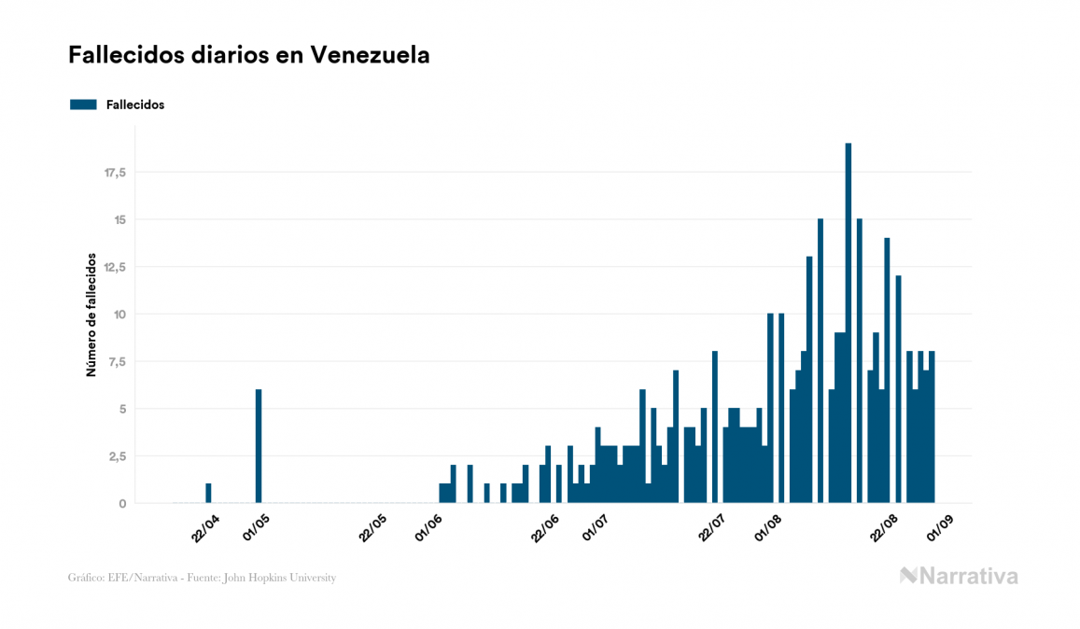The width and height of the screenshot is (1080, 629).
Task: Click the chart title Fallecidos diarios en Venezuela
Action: point(249,55)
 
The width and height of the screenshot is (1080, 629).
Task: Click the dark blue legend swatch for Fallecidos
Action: point(83,105)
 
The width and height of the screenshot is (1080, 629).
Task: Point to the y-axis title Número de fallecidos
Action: point(91,314)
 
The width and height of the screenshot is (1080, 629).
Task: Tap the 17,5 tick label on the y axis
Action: point(115,173)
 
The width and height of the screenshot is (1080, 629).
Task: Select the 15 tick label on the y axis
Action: point(119,220)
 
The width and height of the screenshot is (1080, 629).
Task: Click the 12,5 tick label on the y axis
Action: point(115,267)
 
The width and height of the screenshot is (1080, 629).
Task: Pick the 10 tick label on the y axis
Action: point(119,314)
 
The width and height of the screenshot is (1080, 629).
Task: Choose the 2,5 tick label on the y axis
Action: point(117,455)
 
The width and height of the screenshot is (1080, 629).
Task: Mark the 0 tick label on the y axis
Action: point(122,503)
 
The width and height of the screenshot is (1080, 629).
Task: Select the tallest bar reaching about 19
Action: point(849,323)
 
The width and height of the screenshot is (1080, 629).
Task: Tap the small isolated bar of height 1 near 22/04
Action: point(208,494)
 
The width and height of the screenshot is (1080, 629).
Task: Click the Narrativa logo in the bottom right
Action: point(959,576)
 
